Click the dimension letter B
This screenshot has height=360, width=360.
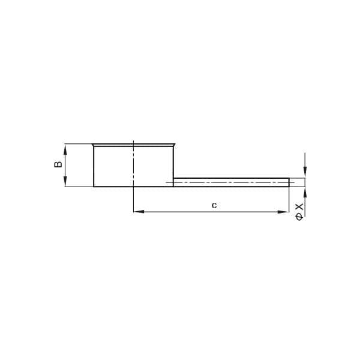(x=58, y=164)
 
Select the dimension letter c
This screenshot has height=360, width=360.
(x=214, y=205)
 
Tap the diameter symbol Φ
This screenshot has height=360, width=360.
(x=299, y=217)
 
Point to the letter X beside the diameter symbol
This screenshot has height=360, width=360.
(x=299, y=206)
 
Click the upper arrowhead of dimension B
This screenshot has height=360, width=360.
(x=65, y=149)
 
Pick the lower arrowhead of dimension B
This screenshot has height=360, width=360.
(x=65, y=182)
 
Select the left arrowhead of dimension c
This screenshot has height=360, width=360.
(x=139, y=212)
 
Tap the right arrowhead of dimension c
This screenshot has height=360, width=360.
(x=283, y=212)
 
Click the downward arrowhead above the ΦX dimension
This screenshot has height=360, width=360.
(x=305, y=173)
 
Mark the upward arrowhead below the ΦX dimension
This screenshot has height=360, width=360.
(x=305, y=192)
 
